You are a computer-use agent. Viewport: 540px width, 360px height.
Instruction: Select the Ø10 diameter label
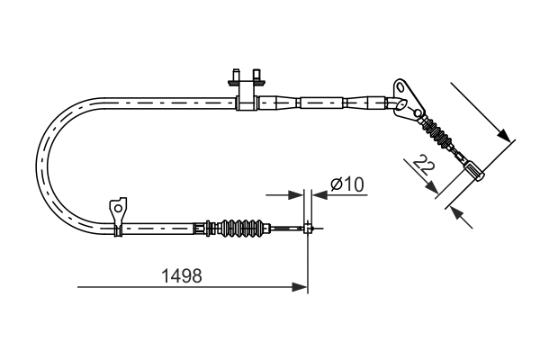pos(346,184)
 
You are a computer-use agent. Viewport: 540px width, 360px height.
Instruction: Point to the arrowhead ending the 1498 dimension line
pos(301,288)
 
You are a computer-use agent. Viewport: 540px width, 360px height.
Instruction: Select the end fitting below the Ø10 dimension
pos(309,228)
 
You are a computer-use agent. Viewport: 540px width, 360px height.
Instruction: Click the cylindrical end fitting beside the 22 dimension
pos(473,167)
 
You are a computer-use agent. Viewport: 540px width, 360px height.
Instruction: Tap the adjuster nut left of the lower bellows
pos(209,228)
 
